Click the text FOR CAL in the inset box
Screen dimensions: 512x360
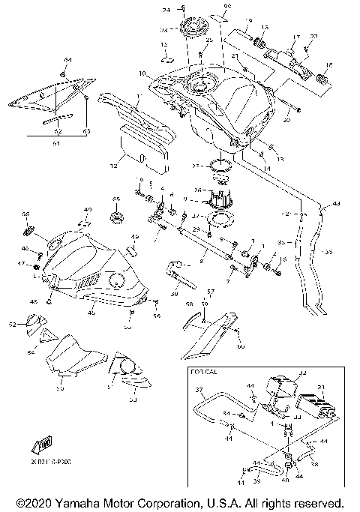coord(198,371)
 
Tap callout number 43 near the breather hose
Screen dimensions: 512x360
coord(335,203)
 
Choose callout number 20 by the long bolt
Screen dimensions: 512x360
coord(286,119)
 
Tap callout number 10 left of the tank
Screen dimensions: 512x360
coord(142,73)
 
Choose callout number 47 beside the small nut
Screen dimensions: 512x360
coord(23,264)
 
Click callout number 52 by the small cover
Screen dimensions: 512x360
coord(11,324)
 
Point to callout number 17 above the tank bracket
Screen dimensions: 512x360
coord(295,37)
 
